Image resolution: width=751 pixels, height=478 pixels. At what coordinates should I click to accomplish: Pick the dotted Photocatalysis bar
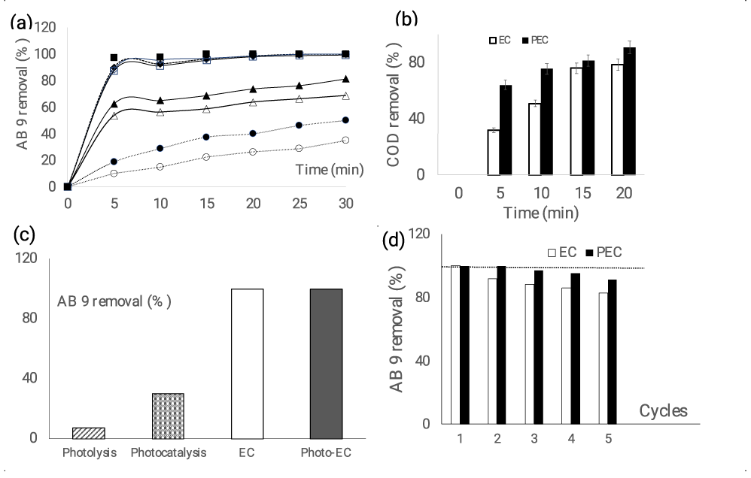pos(168,415)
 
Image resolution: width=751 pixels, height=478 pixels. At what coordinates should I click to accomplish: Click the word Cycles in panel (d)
pos(663,410)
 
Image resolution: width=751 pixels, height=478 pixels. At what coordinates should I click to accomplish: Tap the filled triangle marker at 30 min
pos(345,79)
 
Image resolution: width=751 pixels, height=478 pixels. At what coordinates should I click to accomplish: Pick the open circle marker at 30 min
pos(345,140)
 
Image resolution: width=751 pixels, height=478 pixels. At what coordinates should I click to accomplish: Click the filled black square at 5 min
pos(114,58)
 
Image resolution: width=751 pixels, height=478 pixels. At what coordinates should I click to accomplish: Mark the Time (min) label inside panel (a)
pos(329,171)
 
